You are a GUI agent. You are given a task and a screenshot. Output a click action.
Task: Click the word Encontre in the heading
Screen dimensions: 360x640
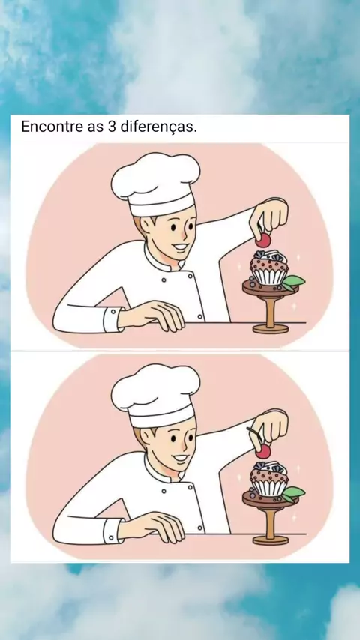pos(52,127)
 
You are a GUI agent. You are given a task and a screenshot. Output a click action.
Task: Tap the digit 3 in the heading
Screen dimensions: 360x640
pos(112,127)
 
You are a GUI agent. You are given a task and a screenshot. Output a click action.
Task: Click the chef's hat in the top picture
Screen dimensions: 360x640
pos(156,184)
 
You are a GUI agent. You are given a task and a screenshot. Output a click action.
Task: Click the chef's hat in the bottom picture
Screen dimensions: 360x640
pos(156,395)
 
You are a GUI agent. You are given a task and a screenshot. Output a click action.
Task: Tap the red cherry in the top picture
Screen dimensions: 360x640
pos(263,241)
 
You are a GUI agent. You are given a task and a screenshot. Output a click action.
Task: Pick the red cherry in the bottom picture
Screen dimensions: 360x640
pos(263,451)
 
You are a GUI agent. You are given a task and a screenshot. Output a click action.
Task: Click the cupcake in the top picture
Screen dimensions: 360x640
pos(269,269)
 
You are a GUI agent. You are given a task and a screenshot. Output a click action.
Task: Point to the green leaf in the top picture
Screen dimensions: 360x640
pos(294,281)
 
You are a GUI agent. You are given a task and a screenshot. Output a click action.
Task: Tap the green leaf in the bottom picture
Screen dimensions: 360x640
pos(294,492)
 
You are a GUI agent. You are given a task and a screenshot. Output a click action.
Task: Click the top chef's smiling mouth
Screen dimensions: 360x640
pos(181,248)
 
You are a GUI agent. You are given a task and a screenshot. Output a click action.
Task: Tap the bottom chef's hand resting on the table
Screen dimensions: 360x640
pos(153,527)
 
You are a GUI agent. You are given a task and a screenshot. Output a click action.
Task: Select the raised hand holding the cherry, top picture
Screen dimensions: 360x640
pos(270,216)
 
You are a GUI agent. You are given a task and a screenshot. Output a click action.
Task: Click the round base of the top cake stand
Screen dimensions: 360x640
pos(270,328)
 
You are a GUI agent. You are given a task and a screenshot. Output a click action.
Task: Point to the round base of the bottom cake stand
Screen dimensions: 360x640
pos(270,540)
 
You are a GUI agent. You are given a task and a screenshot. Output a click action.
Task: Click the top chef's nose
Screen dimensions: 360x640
pos(186,235)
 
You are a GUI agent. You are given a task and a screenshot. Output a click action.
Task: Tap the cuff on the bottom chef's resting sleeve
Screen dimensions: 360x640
pos(112,531)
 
